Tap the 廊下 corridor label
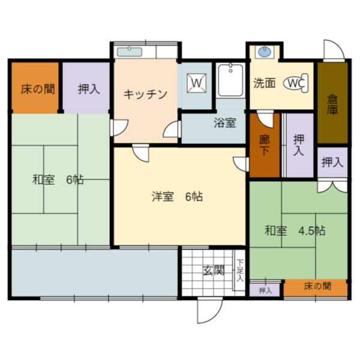[x=265, y=145]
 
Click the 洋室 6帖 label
[x=177, y=196]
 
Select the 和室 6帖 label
[x=58, y=179]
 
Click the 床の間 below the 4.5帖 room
[x=317, y=287]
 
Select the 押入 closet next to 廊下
[x=298, y=145]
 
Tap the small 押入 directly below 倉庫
[x=332, y=161]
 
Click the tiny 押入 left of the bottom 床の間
[x=265, y=291]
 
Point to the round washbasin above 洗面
[x=264, y=52]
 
